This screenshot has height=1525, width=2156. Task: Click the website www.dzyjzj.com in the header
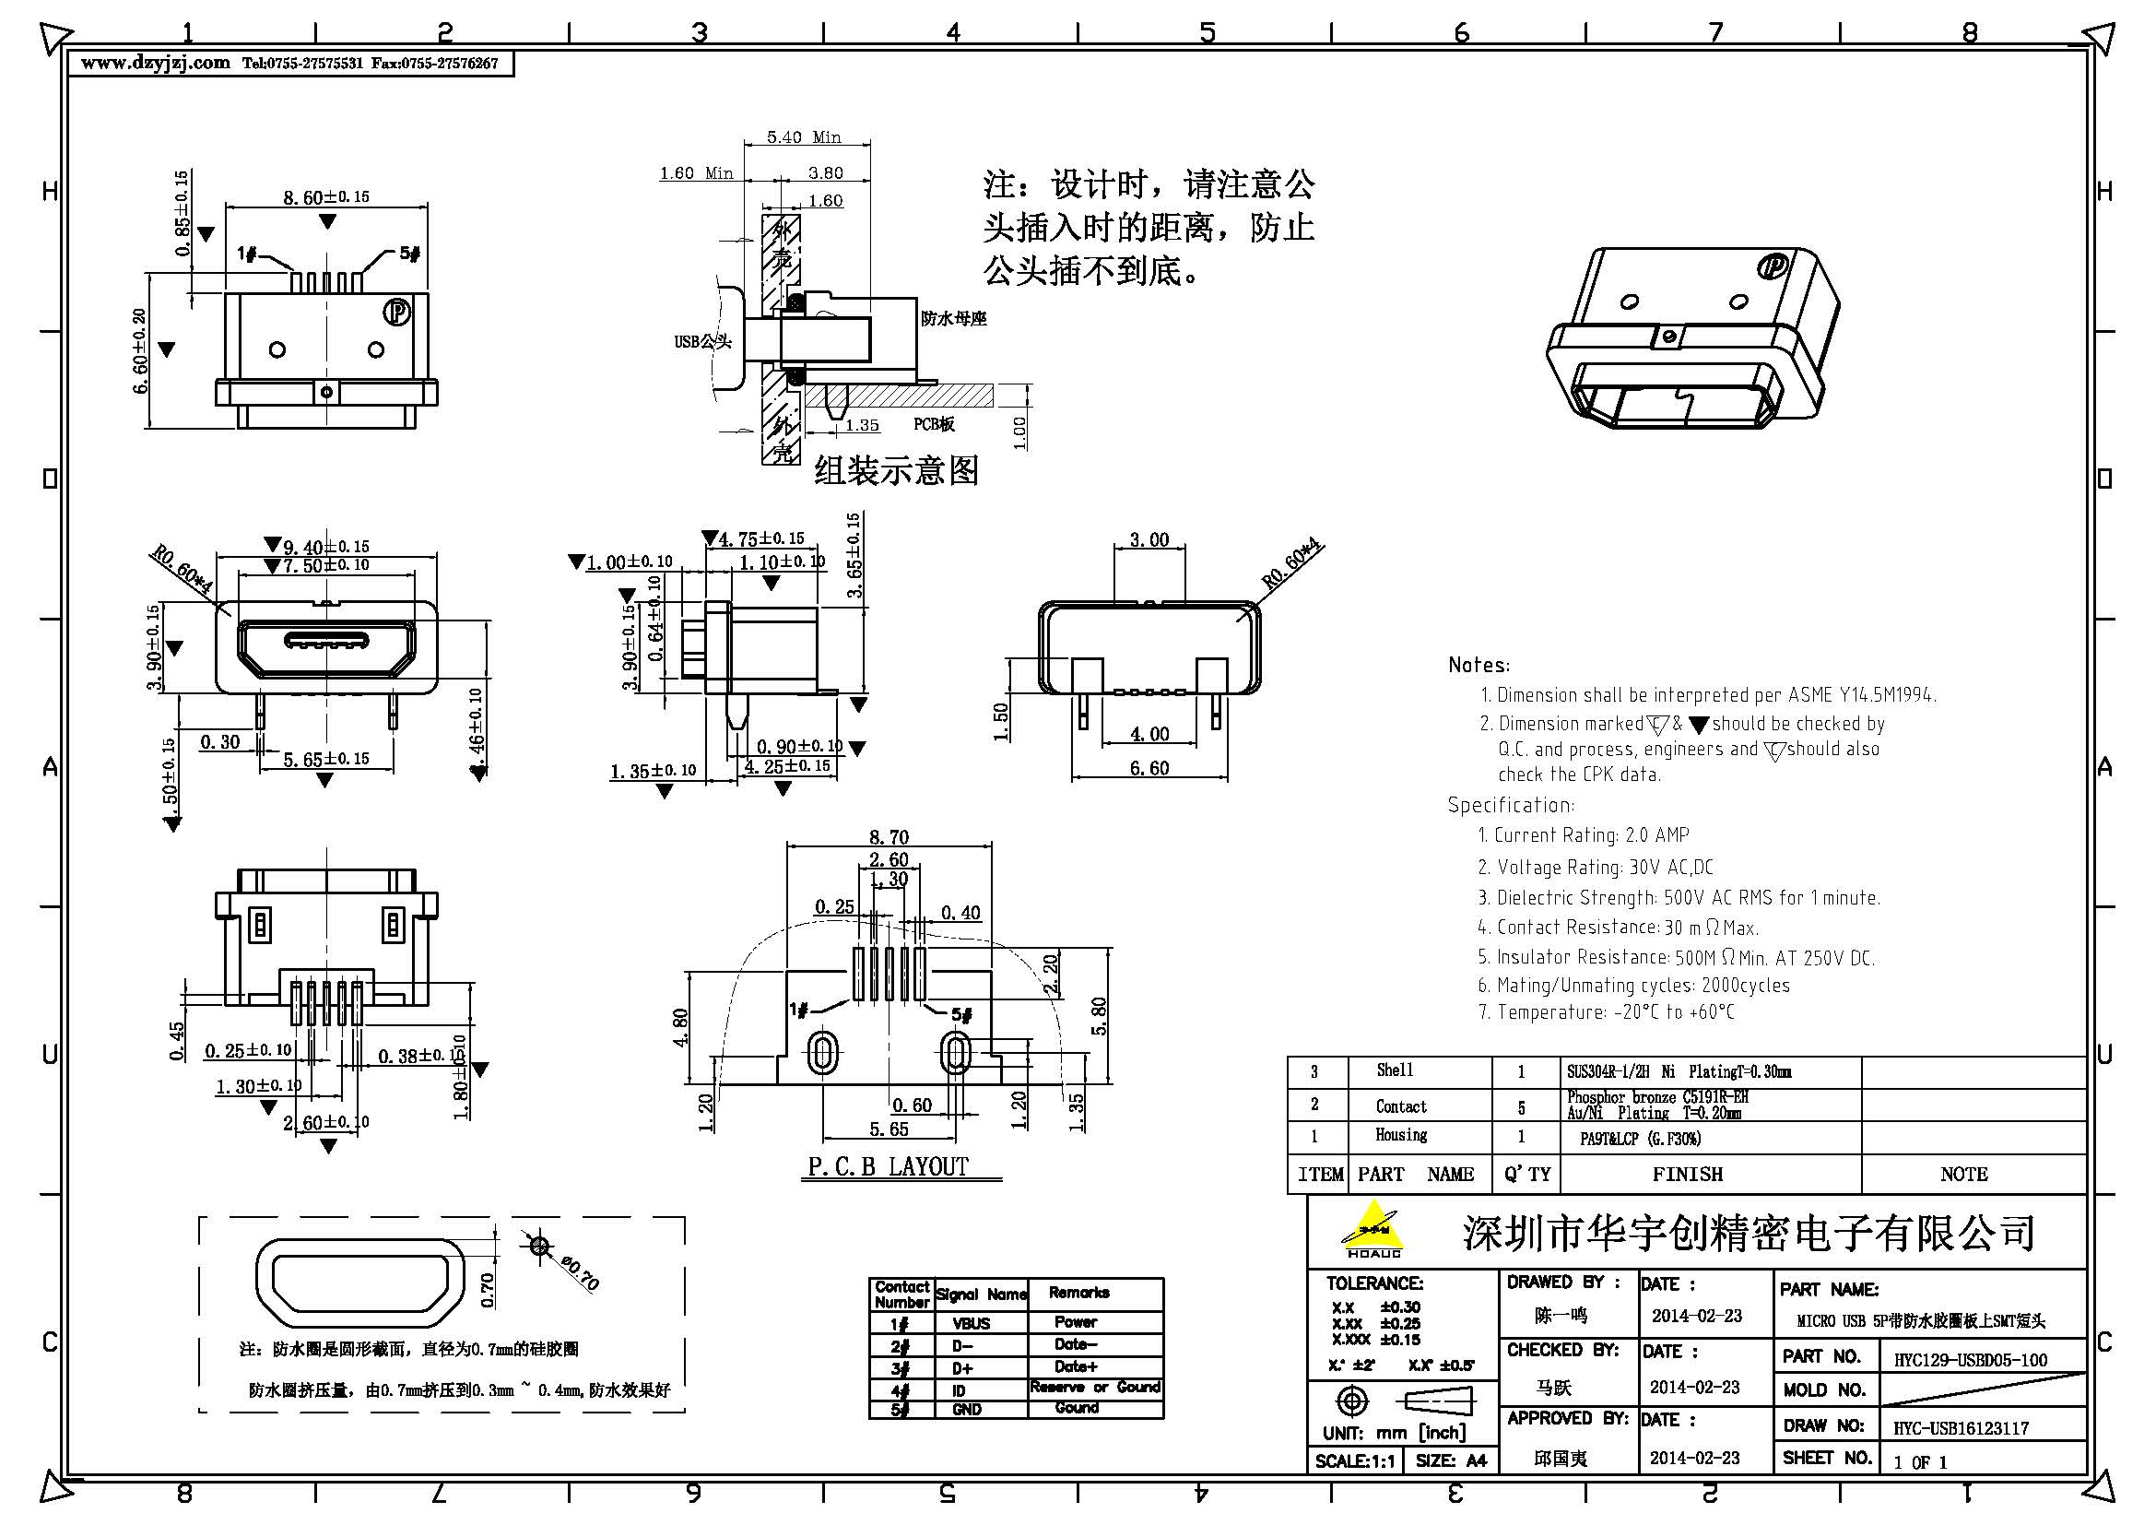tap(155, 64)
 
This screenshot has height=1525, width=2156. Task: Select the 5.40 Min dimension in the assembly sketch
tap(804, 137)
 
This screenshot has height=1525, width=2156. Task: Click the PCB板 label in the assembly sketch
tap(935, 424)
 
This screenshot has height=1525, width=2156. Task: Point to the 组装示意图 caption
tap(896, 470)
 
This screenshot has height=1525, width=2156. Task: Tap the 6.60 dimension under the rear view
tap(1149, 768)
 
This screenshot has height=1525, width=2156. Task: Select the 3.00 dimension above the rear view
tap(1149, 540)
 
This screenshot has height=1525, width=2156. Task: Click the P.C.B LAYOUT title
tap(888, 1166)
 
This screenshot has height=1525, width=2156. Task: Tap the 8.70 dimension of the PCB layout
tap(889, 836)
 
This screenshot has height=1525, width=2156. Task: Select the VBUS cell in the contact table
tap(971, 1323)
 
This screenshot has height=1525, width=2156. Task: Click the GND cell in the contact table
tap(967, 1410)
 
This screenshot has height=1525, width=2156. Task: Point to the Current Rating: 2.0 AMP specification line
tap(1583, 834)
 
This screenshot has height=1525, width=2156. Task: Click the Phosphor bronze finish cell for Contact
tap(1657, 1105)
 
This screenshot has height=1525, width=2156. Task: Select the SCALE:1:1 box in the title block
tap(1354, 1461)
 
